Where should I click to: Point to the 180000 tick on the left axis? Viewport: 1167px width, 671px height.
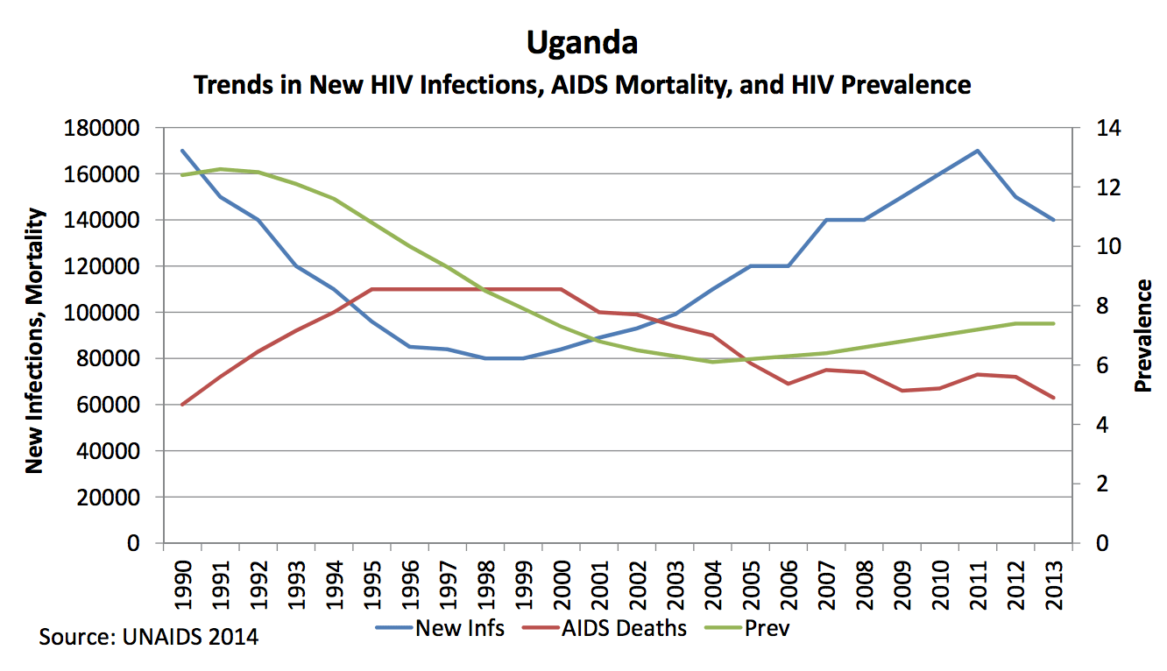pos(103,129)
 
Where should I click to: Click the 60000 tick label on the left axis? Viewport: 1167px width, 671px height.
pos(109,406)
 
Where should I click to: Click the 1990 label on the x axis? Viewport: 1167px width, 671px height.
pos(182,579)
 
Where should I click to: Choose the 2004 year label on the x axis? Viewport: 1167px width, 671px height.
pos(713,579)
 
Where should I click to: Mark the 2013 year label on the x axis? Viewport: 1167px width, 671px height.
pos(1054,579)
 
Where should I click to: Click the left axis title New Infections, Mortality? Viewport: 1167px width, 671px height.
pos(34,340)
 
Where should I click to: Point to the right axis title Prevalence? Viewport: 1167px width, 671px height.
pos(1142,335)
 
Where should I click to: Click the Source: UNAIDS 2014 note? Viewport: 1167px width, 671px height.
pos(149,636)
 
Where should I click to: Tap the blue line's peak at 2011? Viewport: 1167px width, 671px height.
pos(978,151)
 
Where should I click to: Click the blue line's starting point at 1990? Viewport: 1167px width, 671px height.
pos(182,151)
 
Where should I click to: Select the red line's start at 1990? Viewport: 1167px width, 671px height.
pos(182,405)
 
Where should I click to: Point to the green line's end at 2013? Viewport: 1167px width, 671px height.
pos(1054,323)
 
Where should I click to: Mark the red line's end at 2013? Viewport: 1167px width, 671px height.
pos(1054,398)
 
